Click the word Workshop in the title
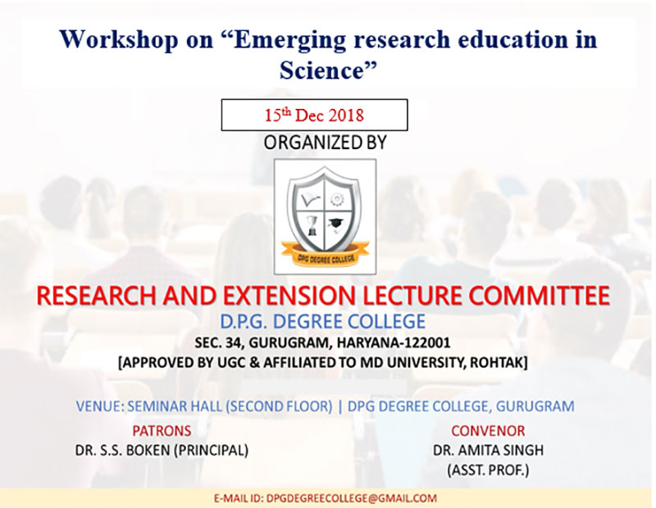click(118, 40)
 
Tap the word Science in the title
click(321, 70)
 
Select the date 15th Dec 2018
click(314, 115)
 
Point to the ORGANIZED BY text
click(325, 143)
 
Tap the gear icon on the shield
click(335, 199)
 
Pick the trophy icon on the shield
click(312, 225)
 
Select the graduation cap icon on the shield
click(335, 225)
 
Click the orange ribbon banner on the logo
click(325, 255)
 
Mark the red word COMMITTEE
click(539, 296)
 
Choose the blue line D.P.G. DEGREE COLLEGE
click(322, 321)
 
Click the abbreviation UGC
click(231, 362)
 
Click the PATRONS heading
click(162, 431)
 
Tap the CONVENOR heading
click(488, 431)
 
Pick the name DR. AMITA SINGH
click(488, 451)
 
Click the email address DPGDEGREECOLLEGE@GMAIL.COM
click(352, 498)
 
